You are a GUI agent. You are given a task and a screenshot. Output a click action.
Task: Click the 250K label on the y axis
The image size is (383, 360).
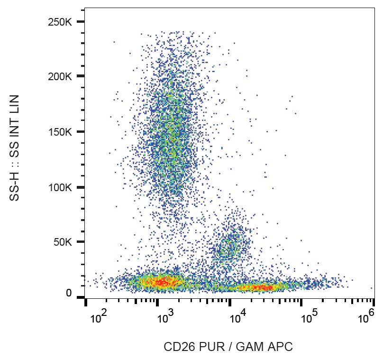pos(60,22)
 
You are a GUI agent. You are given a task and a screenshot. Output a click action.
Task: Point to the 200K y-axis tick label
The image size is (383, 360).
pos(60,76)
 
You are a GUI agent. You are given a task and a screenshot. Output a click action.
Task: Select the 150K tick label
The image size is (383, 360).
pos(60,132)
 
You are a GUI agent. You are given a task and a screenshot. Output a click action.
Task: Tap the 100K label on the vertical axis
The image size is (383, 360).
pos(60,187)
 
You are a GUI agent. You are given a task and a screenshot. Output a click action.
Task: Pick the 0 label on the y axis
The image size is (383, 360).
pos(69,294)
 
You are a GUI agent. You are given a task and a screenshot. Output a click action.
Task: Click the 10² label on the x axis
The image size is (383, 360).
pos(97,317)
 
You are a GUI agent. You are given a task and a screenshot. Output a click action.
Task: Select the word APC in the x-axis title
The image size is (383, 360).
pos(282,347)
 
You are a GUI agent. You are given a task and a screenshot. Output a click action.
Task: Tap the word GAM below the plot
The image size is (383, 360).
pos(253,347)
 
